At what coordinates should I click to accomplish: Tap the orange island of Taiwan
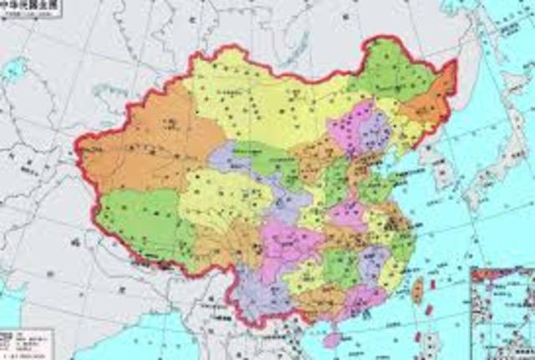[x=417, y=289]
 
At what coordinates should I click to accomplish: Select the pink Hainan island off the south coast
[x=333, y=338]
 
